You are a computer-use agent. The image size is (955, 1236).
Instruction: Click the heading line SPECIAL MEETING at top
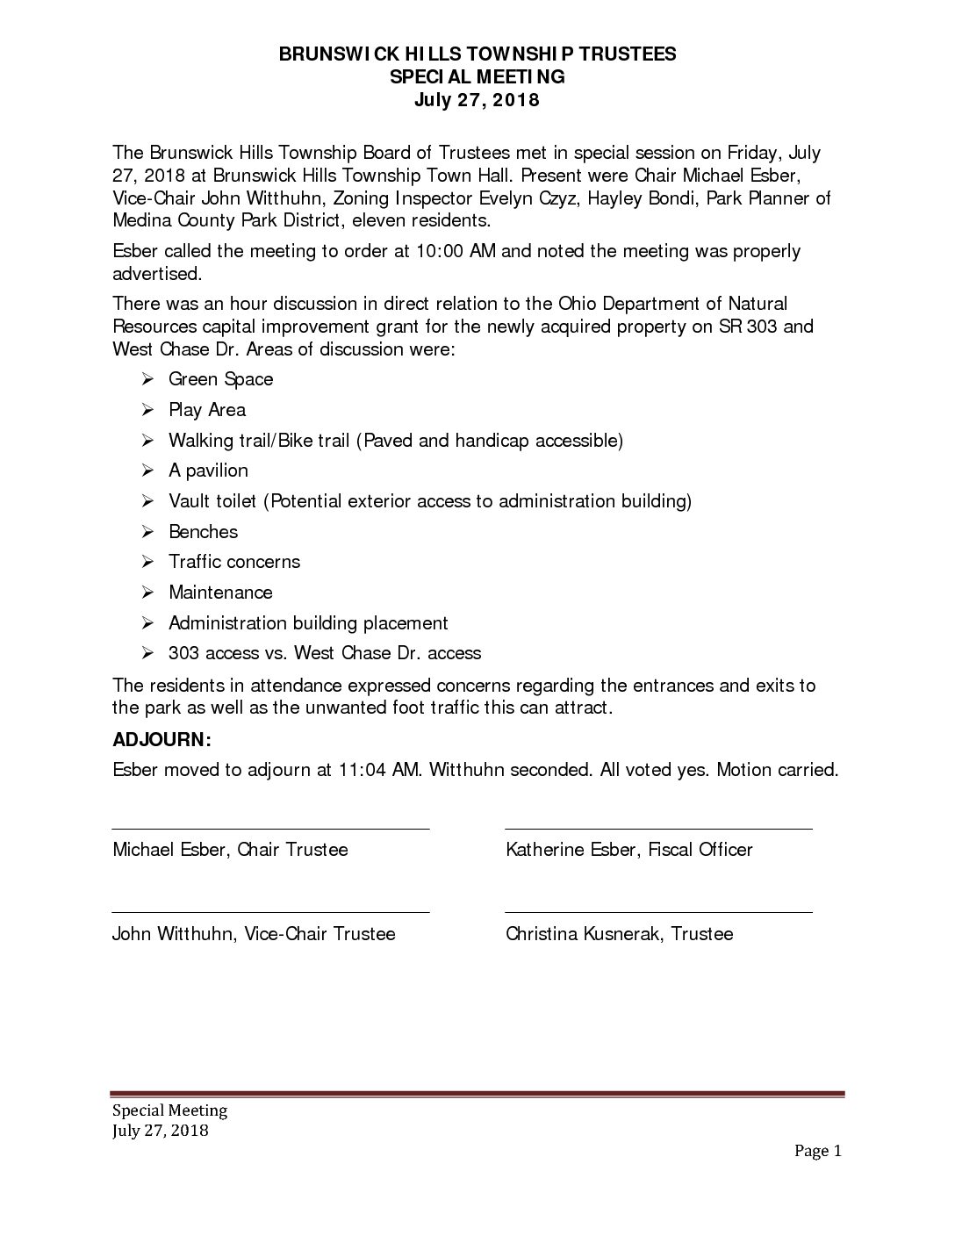(477, 77)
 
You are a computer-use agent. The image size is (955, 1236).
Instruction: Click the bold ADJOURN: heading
(162, 739)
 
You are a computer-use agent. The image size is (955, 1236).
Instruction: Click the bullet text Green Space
(221, 379)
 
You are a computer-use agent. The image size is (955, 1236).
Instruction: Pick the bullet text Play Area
(207, 410)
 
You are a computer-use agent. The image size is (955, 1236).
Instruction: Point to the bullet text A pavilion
(209, 471)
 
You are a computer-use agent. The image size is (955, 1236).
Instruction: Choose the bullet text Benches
(204, 532)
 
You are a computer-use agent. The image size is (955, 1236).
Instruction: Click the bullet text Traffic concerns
(234, 562)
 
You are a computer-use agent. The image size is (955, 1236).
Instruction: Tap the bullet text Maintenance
(221, 593)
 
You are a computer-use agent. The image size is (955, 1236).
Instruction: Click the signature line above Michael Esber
(270, 828)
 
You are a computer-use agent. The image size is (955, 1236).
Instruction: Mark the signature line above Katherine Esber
(658, 828)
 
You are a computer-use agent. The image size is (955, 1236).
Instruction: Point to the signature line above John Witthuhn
(270, 912)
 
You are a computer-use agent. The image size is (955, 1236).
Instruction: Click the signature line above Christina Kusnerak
(658, 912)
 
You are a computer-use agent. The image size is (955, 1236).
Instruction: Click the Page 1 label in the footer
(818, 1151)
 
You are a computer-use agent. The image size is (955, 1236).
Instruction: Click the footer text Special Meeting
(169, 1110)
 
